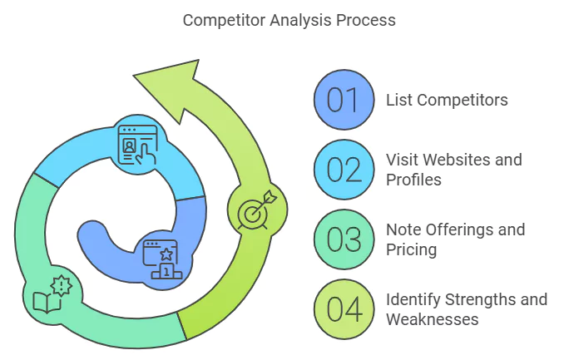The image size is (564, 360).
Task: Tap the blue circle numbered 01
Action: [342, 100]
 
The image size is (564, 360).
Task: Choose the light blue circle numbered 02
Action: [342, 169]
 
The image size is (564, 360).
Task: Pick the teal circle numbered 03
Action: [342, 239]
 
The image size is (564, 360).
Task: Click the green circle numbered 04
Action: [342, 308]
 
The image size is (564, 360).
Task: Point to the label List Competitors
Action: [447, 101]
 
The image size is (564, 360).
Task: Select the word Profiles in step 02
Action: [413, 179]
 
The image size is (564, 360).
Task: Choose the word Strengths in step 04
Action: [480, 299]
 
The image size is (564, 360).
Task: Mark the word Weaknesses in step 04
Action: [433, 318]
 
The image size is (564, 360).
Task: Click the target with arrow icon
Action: [255, 211]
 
